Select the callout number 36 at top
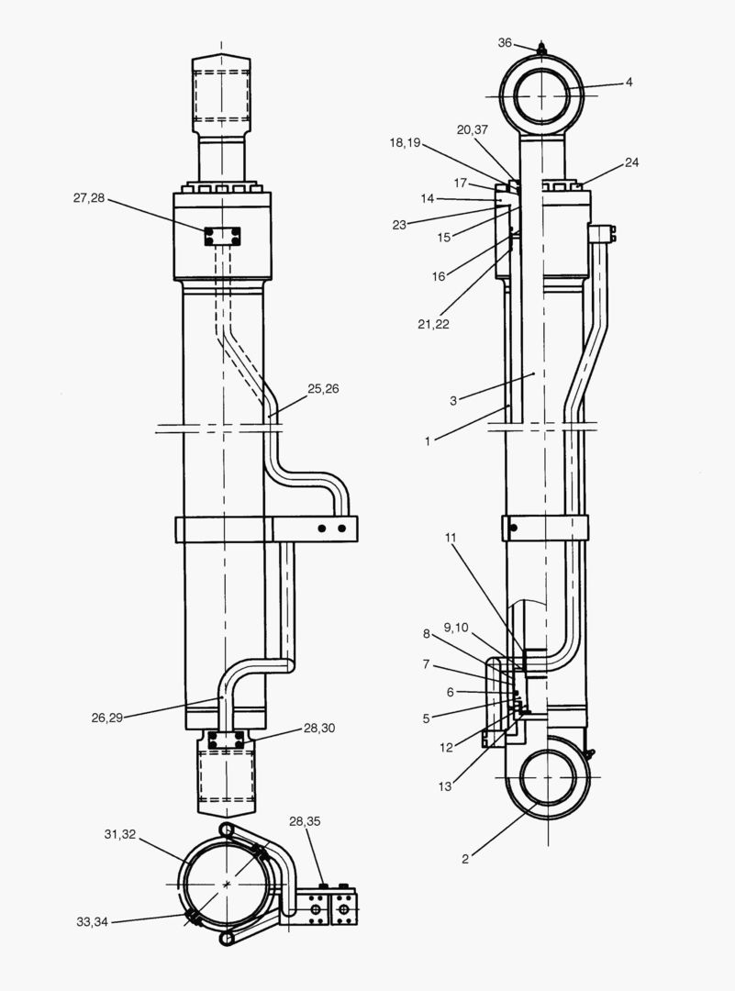pyautogui.click(x=505, y=43)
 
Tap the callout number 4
pyautogui.click(x=629, y=82)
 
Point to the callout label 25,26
pyautogui.click(x=323, y=389)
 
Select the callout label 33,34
pyautogui.click(x=94, y=922)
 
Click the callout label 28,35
pyautogui.click(x=306, y=820)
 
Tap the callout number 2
pyautogui.click(x=465, y=859)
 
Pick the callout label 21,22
pyautogui.click(x=433, y=324)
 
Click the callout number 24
pyautogui.click(x=632, y=162)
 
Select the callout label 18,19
pyautogui.click(x=406, y=143)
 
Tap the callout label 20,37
pyautogui.click(x=473, y=129)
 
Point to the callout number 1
pyautogui.click(x=428, y=441)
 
